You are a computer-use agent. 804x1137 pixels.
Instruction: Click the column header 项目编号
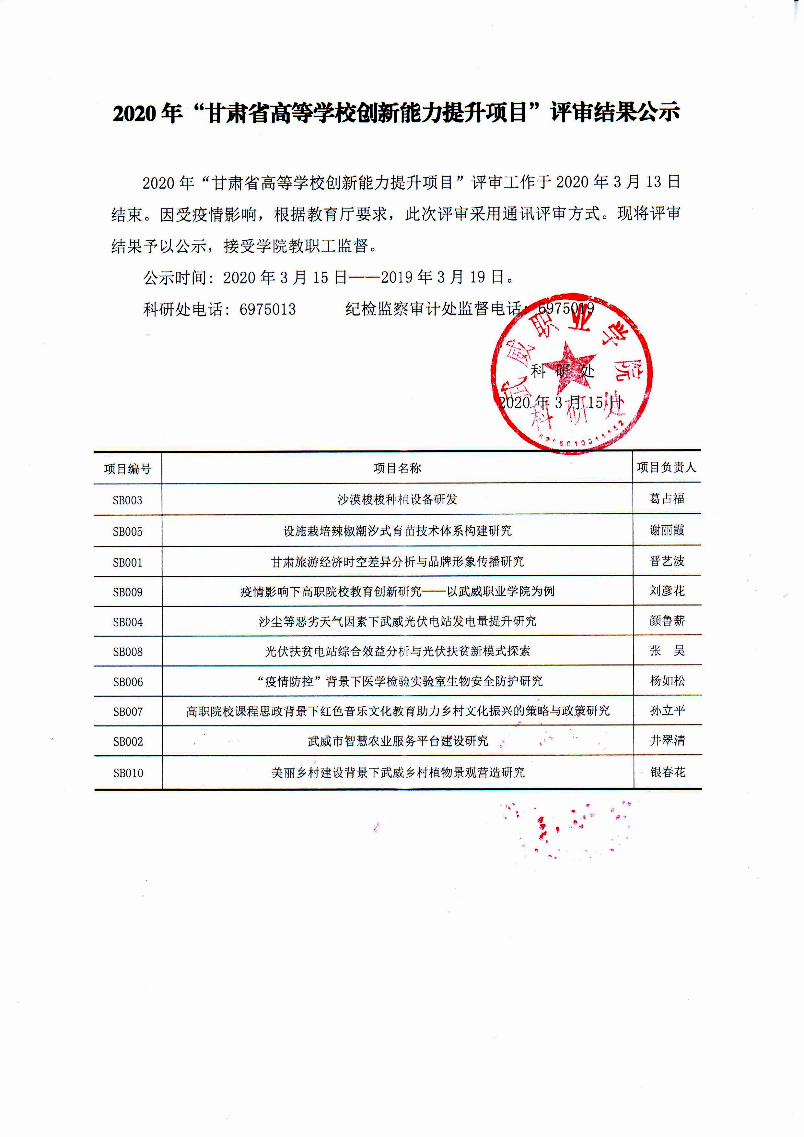tap(128, 469)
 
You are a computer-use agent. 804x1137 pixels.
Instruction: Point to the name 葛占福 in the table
tap(667, 499)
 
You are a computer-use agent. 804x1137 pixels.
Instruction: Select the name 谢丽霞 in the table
tap(667, 531)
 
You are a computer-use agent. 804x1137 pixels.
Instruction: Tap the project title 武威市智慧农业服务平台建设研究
tap(398, 741)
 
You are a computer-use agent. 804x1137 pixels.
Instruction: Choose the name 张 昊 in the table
tap(667, 651)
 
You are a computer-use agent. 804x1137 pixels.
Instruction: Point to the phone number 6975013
tap(268, 310)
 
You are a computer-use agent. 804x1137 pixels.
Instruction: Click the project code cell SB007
tap(128, 712)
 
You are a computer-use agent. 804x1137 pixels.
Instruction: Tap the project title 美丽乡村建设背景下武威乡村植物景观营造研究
tap(398, 772)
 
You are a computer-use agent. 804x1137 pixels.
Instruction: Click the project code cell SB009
tap(128, 592)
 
